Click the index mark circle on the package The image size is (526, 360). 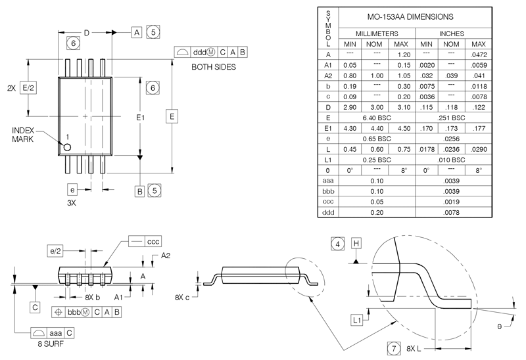67,147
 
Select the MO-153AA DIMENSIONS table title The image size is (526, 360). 412,16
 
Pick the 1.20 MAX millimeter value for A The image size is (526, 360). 404,55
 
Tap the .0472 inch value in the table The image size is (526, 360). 479,55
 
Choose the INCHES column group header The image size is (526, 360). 452,33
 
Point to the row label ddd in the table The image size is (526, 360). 327,213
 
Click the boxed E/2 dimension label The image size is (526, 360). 28,87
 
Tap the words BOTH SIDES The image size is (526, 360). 214,67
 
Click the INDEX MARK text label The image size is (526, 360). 26,135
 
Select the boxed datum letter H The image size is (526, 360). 357,243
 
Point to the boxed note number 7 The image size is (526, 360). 393,348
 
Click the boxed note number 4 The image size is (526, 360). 338,243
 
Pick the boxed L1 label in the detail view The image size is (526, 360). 357,320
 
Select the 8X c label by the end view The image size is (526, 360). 183,298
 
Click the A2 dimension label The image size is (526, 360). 166,256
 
